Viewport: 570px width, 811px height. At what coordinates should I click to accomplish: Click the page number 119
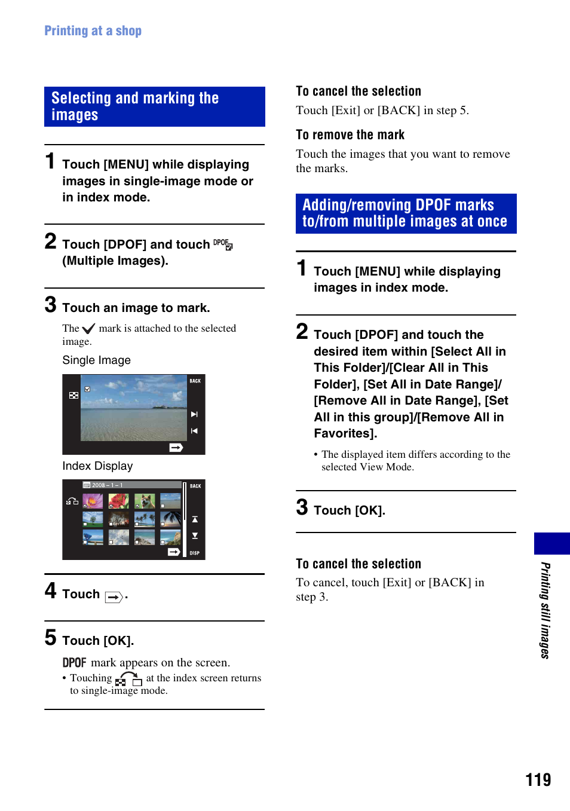click(x=538, y=779)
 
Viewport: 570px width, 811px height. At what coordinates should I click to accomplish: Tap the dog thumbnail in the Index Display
click(x=145, y=501)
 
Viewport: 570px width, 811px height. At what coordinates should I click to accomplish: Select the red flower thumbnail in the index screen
click(x=118, y=501)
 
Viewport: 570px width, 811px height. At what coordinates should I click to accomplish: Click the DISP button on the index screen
click(x=195, y=553)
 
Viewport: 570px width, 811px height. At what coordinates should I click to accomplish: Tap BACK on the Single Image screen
click(x=195, y=381)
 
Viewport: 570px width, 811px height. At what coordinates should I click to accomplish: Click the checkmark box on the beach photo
click(x=87, y=389)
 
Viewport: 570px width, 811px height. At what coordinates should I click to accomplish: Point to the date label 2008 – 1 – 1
click(x=107, y=485)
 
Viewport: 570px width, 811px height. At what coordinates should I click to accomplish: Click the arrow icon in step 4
click(x=114, y=597)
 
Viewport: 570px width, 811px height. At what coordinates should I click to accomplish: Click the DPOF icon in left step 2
click(x=223, y=244)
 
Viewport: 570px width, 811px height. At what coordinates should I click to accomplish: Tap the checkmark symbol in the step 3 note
click(x=88, y=329)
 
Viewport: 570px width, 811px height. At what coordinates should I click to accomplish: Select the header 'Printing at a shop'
click(x=93, y=30)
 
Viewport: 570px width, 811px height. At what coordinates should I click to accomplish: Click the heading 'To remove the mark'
click(x=350, y=134)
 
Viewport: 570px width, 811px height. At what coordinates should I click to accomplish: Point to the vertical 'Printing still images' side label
click(x=545, y=610)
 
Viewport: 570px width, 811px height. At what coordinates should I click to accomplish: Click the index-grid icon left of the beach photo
click(x=73, y=396)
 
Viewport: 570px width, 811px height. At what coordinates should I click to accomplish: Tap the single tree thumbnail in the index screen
click(x=93, y=519)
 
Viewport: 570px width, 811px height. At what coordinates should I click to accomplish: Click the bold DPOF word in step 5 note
click(x=74, y=662)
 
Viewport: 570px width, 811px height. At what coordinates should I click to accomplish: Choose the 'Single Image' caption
click(x=96, y=360)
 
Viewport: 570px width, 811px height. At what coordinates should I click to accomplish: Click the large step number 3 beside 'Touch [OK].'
click(x=302, y=507)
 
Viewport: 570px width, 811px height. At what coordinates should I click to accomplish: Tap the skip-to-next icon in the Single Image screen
click(x=194, y=414)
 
